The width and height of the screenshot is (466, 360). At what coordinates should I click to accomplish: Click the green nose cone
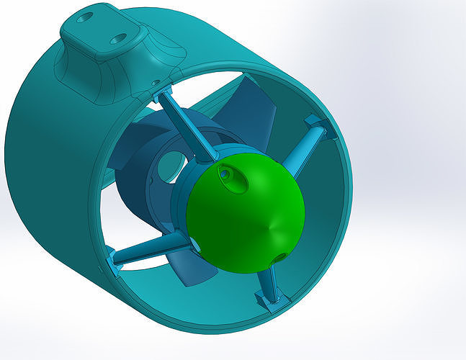[x=241, y=216]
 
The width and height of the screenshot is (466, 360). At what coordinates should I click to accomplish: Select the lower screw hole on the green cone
[x=279, y=258]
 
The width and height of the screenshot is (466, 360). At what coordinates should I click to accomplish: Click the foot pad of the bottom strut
[x=272, y=303]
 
